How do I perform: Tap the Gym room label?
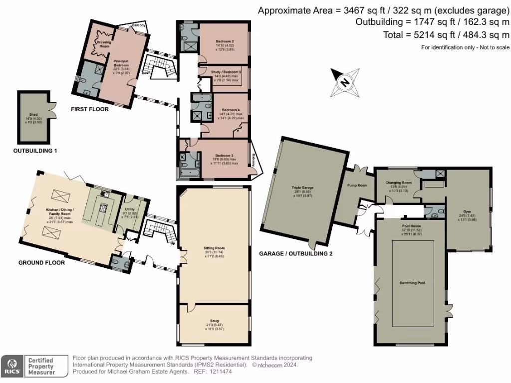[467, 211]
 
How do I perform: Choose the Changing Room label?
[398, 183]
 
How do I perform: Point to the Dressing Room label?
[104, 44]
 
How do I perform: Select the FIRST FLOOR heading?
[89, 109]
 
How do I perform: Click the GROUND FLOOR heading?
[41, 262]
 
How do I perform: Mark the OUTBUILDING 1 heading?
[34, 150]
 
